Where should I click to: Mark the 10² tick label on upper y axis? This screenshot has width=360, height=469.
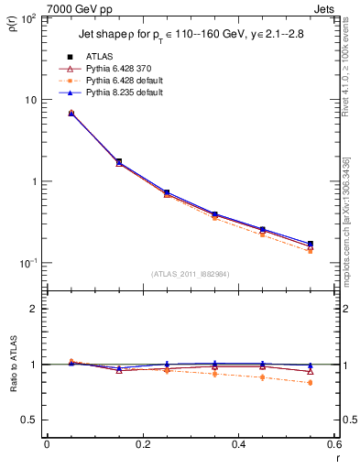[29, 18]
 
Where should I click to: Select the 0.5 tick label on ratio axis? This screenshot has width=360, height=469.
[29, 420]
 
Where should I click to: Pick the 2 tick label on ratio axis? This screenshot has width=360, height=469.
[34, 309]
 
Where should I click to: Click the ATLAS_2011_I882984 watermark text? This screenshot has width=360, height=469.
[190, 273]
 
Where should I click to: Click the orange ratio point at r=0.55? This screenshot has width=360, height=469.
[310, 383]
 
